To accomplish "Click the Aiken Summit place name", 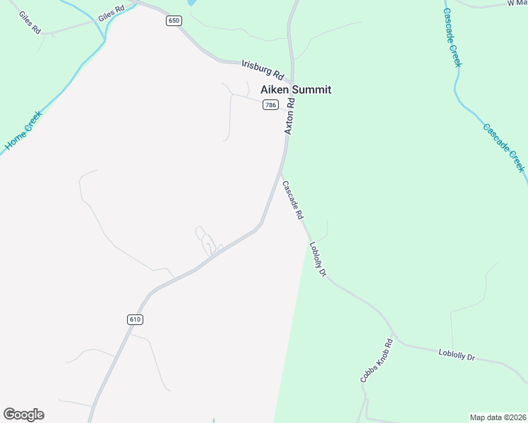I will point(296,90).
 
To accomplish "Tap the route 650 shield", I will point(174,20).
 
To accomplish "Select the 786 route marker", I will point(269,104).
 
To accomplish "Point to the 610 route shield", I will point(136,319).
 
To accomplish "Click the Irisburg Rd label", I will point(262,68).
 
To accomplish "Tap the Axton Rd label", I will point(289,117).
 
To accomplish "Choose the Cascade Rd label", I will point(292,200).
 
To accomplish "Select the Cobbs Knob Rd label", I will point(376,362).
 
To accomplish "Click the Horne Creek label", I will point(24,130).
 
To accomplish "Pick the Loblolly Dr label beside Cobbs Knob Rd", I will point(457,355).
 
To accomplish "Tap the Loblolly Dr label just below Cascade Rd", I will point(318,259).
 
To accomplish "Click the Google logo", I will point(23,415).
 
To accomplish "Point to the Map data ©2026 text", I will point(498,417).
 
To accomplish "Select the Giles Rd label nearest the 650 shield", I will point(112,12).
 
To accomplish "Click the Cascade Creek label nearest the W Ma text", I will point(452,37).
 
